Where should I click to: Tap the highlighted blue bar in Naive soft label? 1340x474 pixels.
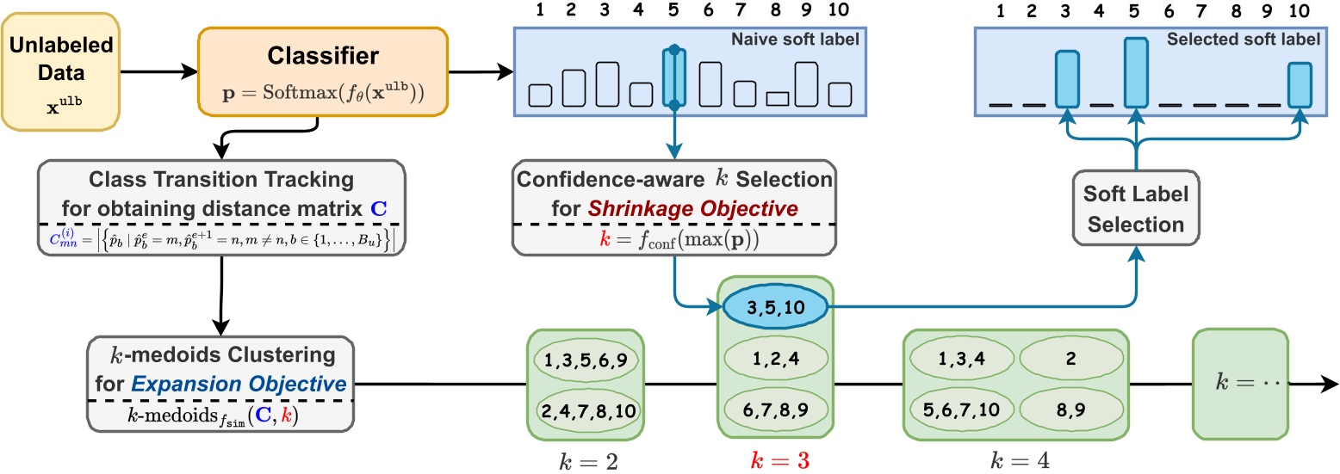(x=674, y=77)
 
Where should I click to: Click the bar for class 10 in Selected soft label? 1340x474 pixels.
(x=1300, y=84)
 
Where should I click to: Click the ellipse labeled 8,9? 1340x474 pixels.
(x=1071, y=410)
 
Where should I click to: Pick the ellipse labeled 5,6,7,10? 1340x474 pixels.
(x=961, y=410)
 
